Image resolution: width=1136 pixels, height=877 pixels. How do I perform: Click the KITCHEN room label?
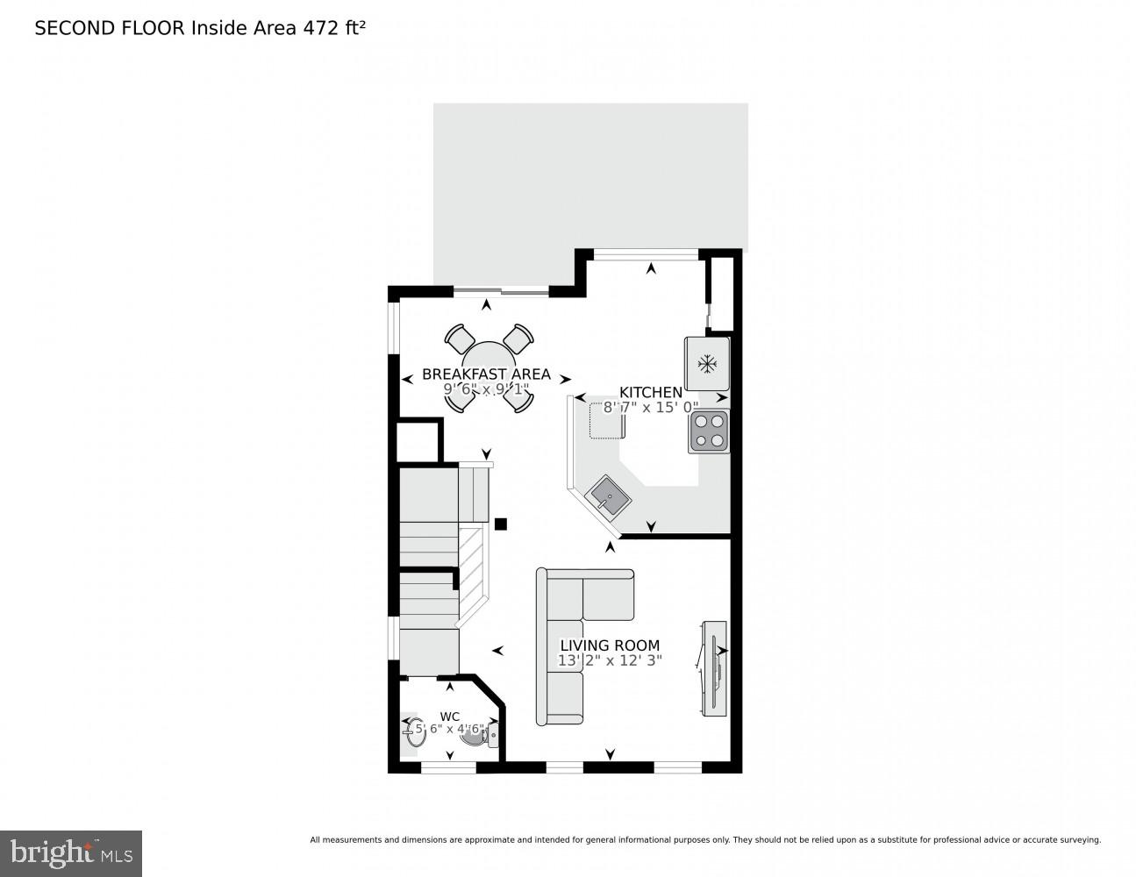(x=650, y=392)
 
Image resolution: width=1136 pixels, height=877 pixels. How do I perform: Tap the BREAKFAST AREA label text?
(x=486, y=374)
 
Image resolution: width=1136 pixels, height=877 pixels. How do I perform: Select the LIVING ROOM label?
(x=610, y=645)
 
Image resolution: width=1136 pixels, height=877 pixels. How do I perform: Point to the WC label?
(x=449, y=717)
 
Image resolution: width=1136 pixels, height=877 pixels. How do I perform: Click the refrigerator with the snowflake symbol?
(x=707, y=363)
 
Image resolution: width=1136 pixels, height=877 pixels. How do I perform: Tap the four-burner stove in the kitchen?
(x=709, y=431)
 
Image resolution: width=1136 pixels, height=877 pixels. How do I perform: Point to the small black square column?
(x=501, y=524)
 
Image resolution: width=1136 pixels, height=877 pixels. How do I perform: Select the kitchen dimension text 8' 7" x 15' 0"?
(x=650, y=407)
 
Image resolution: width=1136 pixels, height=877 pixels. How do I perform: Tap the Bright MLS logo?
(x=71, y=852)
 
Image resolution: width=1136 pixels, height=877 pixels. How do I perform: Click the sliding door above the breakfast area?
(x=501, y=289)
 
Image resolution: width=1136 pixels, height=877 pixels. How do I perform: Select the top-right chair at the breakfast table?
(x=519, y=338)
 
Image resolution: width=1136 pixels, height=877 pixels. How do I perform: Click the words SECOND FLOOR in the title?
(x=109, y=28)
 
